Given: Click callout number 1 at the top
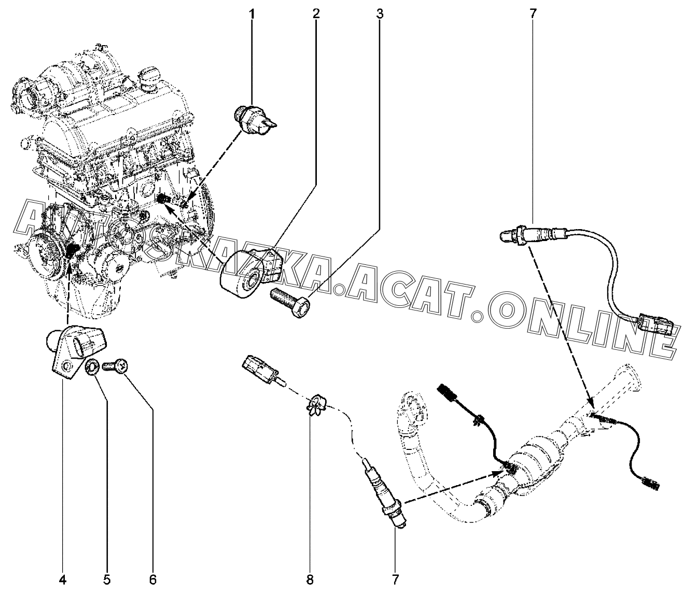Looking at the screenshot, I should coord(253,14).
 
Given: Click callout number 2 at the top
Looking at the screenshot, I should coord(316,14).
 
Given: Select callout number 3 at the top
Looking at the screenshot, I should coord(380,14).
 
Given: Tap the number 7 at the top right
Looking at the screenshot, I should coord(533,14).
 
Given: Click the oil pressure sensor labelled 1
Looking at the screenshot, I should coord(254,118).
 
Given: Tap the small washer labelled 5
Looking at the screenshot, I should coord(93,368).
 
